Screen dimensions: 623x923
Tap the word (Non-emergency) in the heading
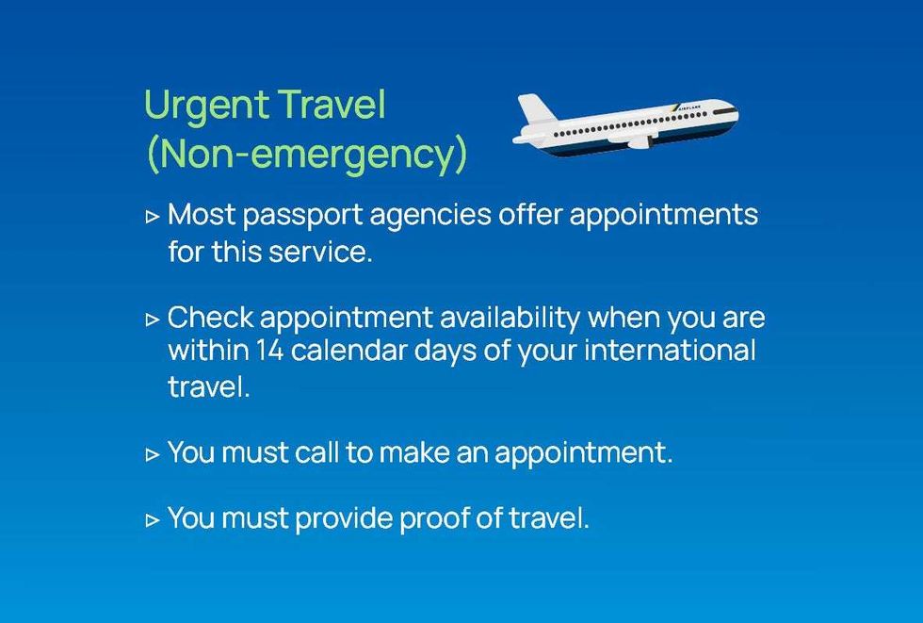(306, 155)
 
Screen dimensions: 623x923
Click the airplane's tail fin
(532, 109)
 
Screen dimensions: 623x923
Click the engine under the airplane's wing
(638, 142)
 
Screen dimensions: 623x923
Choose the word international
(670, 351)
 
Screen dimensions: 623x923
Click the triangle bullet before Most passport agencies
(153, 216)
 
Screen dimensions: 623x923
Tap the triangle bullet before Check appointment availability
(153, 319)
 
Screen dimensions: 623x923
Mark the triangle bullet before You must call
(153, 453)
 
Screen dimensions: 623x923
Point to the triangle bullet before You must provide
(153, 518)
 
